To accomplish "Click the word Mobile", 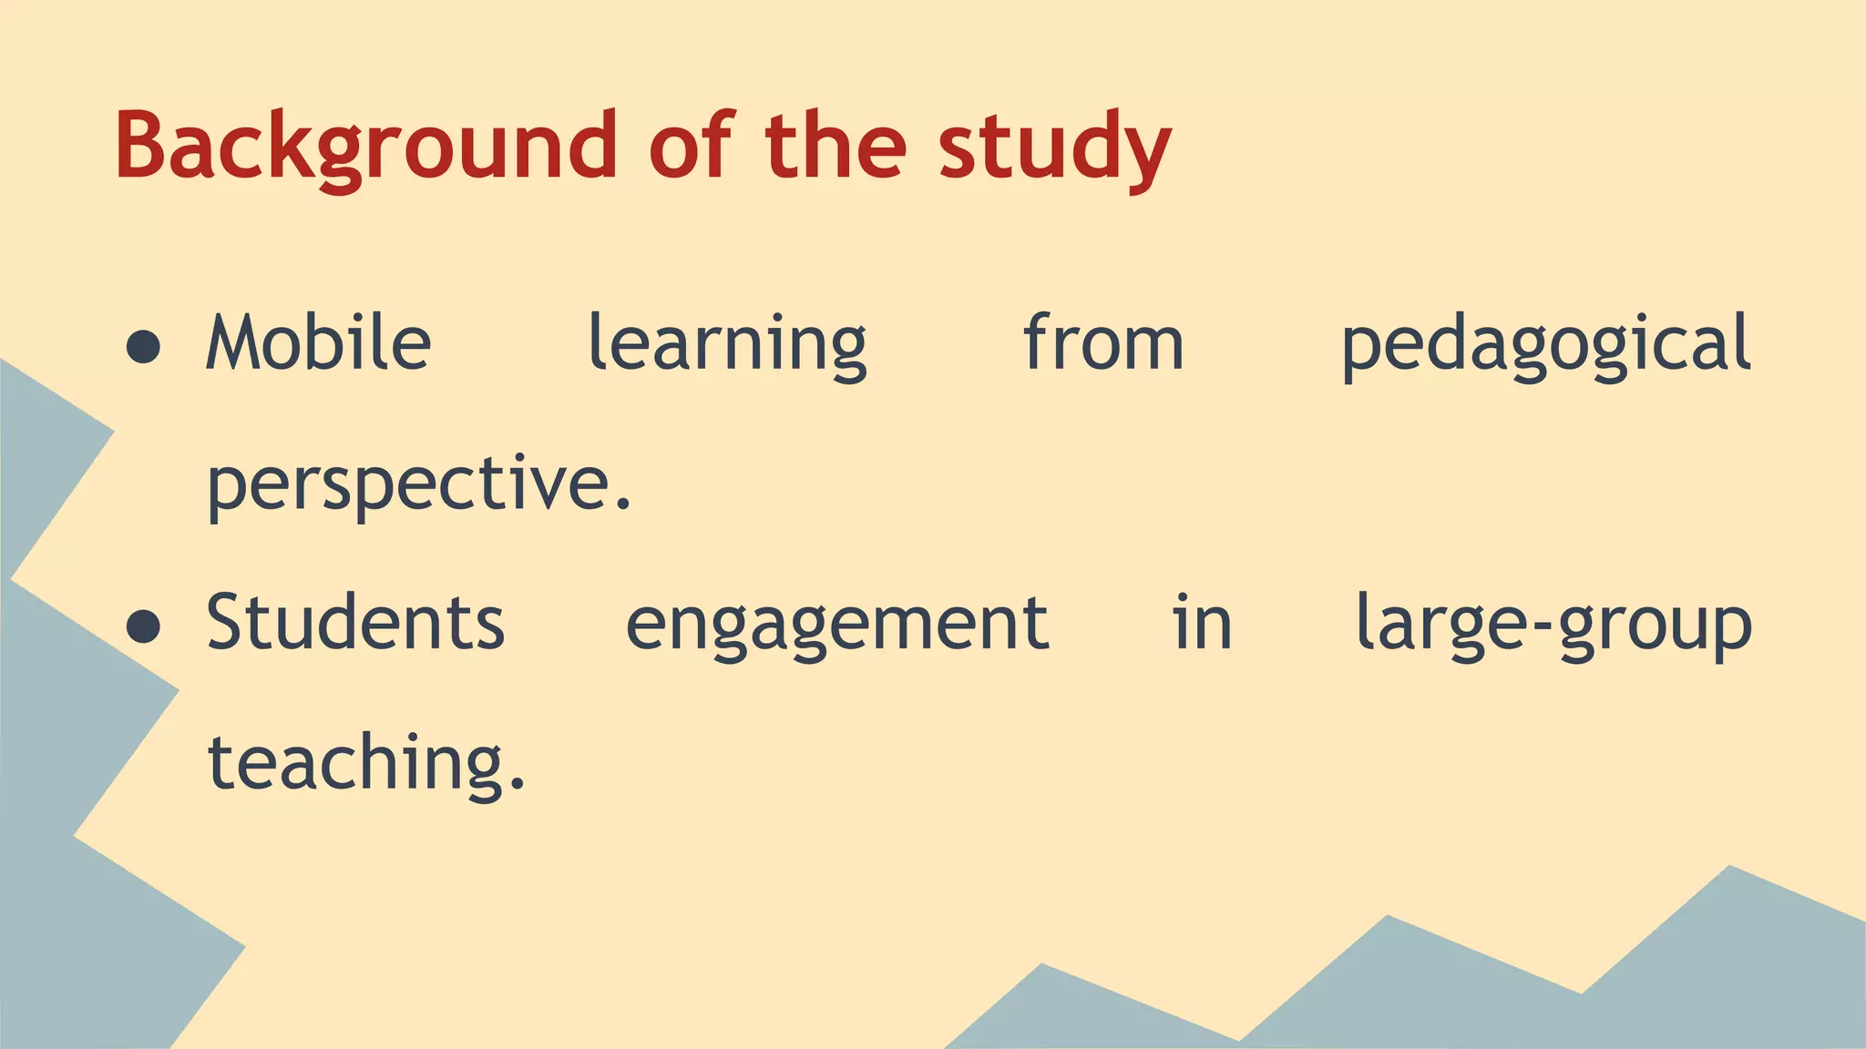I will tap(319, 343).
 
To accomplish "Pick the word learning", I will tap(727, 346).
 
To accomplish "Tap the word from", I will tap(1103, 343).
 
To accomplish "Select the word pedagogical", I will tap(1545, 346).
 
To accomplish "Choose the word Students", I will tap(355, 623).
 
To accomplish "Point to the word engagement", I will tap(837, 626).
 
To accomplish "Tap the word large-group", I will tap(1553, 626).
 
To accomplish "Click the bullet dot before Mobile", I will tap(144, 347).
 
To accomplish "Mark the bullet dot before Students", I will tap(144, 626).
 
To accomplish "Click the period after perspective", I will tap(623, 506).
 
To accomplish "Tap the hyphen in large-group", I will tap(1542, 628).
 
